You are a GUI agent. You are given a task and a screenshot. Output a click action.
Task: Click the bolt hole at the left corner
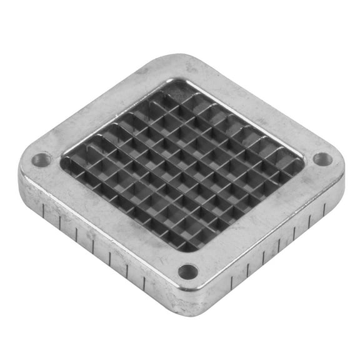pos(41,160)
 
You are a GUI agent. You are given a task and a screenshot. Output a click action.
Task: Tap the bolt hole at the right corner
pos(322,159)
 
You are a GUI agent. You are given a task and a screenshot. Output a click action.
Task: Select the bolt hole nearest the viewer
pos(187,272)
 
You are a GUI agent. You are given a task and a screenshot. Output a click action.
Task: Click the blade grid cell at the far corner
pos(177,92)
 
